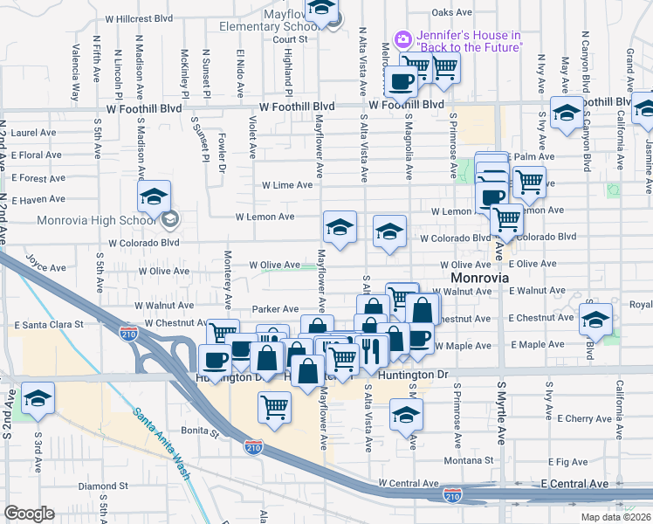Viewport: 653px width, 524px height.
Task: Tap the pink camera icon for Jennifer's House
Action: pyautogui.click(x=402, y=38)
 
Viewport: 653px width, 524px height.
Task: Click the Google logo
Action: pyautogui.click(x=29, y=514)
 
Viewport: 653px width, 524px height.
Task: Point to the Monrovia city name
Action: pyautogui.click(x=472, y=277)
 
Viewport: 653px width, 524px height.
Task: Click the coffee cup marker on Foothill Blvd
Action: pyautogui.click(x=401, y=81)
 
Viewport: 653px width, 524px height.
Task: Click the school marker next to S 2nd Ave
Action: pyautogui.click(x=38, y=397)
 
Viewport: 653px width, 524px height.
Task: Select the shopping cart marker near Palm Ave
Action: pyautogui.click(x=529, y=182)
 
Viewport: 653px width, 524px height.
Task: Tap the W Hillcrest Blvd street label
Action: pyautogui.click(x=138, y=17)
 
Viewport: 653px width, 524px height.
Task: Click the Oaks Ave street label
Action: pyautogui.click(x=451, y=13)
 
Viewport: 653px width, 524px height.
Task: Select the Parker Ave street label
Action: pyautogui.click(x=275, y=309)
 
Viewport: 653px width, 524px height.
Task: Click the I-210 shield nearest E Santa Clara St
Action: pyautogui.click(x=127, y=332)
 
